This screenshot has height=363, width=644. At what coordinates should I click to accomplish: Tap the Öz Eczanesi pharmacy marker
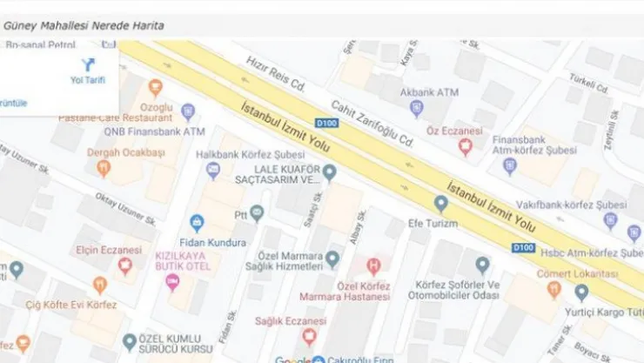466,148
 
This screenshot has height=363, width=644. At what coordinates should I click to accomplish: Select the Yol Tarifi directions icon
87,65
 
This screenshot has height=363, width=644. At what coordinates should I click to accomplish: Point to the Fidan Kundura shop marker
197,222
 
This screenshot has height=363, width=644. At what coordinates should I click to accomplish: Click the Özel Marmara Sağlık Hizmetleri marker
332,259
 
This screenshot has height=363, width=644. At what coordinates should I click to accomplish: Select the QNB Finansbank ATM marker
187,111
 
